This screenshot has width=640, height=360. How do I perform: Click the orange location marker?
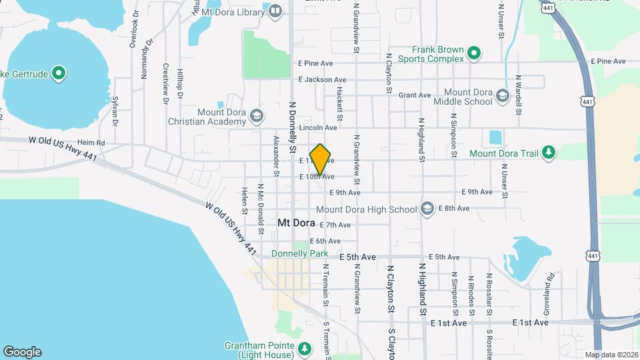[x=321, y=159]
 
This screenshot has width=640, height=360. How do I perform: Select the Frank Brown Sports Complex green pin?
[x=473, y=53]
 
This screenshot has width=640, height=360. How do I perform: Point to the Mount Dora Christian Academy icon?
[x=255, y=117]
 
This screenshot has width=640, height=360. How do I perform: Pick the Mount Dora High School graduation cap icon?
[x=427, y=209]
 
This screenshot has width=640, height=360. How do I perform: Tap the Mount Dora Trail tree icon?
[x=548, y=153]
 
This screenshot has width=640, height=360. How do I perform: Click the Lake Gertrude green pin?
[x=59, y=73]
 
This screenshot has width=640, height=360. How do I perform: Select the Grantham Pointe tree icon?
[x=304, y=348]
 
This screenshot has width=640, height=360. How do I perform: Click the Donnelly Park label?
[x=300, y=254]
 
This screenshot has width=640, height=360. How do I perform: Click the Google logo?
[x=22, y=351]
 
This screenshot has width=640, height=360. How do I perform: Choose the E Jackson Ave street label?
[x=323, y=79]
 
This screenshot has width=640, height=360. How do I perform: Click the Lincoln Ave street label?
[x=318, y=127]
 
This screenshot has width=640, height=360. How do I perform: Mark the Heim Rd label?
[x=91, y=143]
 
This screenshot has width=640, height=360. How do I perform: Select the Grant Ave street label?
[x=415, y=95]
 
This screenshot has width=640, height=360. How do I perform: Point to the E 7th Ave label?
[x=335, y=225]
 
